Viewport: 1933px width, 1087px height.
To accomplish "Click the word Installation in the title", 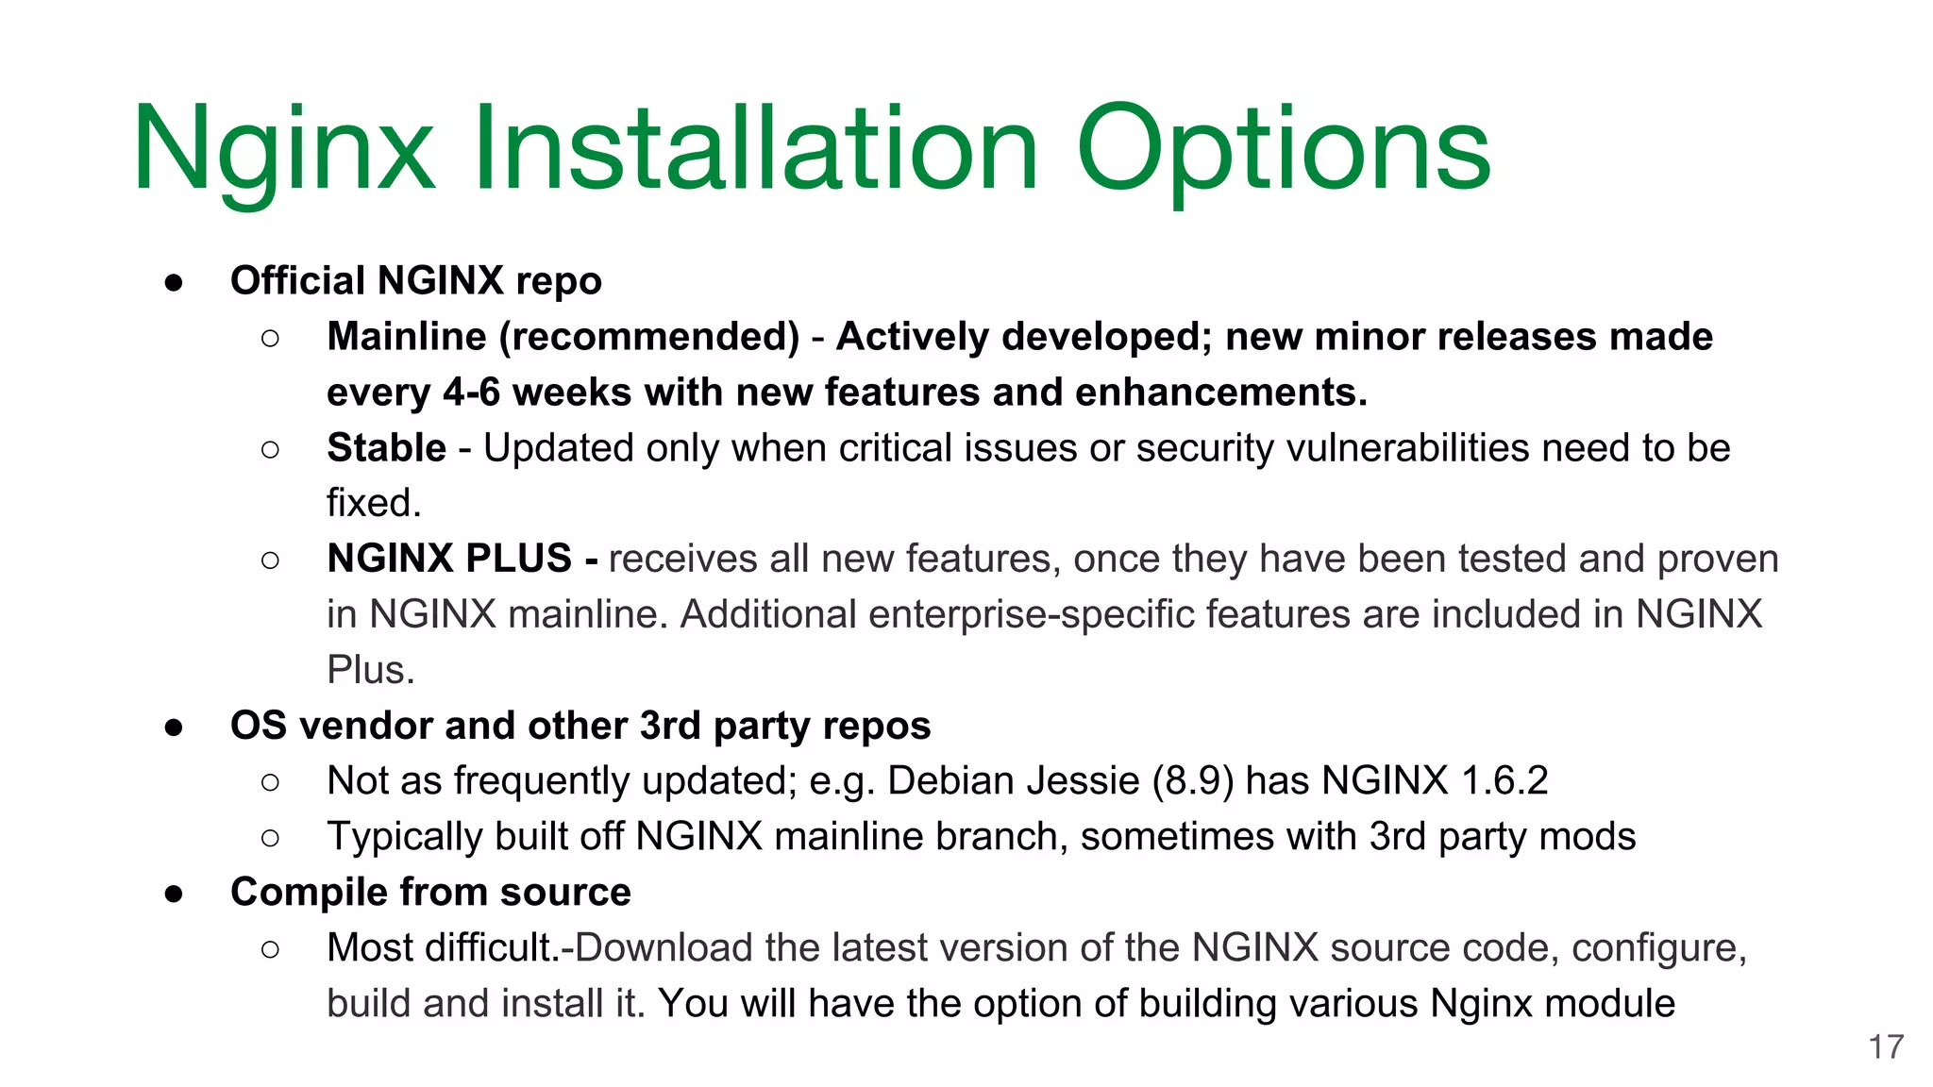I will pos(755,149).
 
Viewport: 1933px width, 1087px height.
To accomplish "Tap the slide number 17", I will pos(1886,1047).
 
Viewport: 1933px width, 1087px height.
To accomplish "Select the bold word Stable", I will pos(386,448).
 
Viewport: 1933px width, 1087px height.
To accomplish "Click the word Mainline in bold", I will pos(406,337).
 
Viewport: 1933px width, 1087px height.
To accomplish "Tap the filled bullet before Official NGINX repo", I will pos(174,282).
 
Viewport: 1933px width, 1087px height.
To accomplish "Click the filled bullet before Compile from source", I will pos(174,894).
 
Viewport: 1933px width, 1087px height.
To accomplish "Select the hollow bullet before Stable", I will pos(270,449).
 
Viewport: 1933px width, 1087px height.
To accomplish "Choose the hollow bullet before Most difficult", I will pos(270,949).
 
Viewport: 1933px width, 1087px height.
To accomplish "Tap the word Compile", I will pos(309,893).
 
